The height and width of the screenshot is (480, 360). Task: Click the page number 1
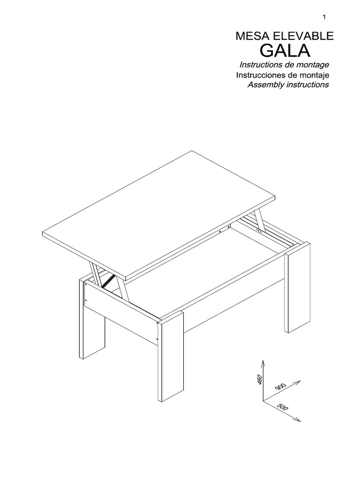pyautogui.click(x=324, y=17)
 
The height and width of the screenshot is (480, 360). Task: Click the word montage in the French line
pyautogui.click(x=313, y=65)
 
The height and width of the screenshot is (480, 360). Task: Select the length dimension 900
pyautogui.click(x=280, y=387)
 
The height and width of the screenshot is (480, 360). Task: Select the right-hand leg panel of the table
pyautogui.click(x=298, y=291)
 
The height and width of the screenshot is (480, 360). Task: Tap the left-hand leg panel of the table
pyautogui.click(x=91, y=319)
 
